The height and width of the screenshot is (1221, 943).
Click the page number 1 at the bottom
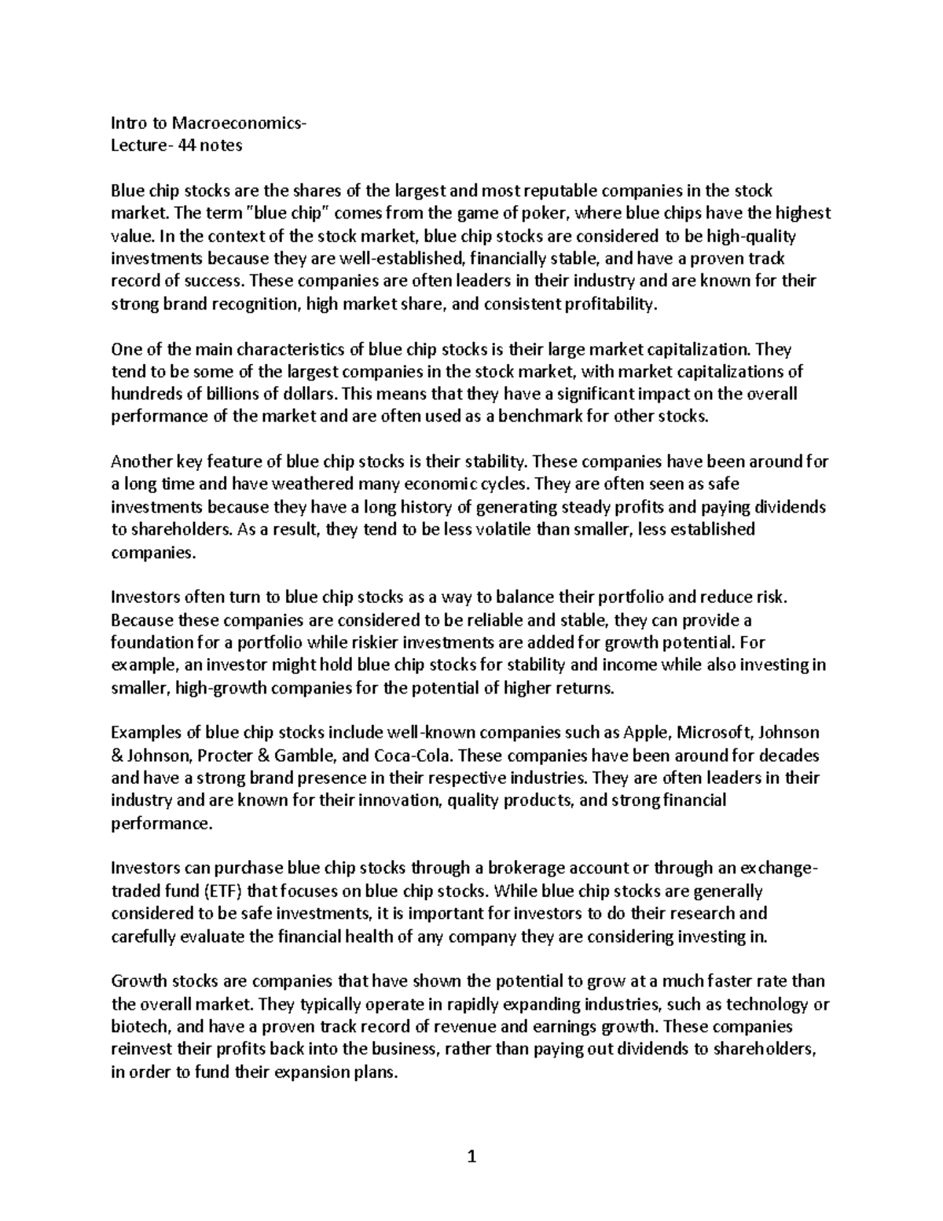(x=472, y=1157)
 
